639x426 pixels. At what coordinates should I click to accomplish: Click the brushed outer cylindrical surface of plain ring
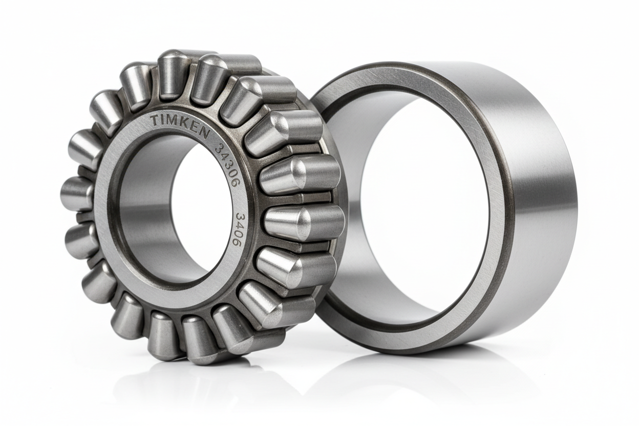(x=543, y=205)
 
